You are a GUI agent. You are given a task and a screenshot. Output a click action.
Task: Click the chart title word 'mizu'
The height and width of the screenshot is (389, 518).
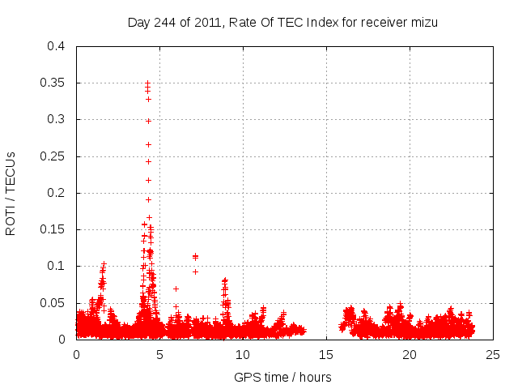(x=423, y=22)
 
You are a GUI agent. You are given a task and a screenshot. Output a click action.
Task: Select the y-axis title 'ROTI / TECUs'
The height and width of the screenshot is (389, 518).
(x=11, y=193)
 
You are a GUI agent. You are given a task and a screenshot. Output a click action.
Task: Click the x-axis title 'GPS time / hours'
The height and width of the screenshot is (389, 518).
(x=282, y=377)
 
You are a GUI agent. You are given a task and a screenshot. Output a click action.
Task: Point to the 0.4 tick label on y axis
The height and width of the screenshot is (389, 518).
(x=56, y=46)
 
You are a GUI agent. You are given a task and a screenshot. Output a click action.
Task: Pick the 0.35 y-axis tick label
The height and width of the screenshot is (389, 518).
(x=53, y=83)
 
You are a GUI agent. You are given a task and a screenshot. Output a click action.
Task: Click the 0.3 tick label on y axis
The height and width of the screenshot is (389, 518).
(x=56, y=119)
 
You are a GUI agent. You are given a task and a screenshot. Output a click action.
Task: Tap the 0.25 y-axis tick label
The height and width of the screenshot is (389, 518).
(x=53, y=156)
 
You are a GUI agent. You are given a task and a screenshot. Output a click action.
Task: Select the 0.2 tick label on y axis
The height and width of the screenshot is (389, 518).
(x=56, y=193)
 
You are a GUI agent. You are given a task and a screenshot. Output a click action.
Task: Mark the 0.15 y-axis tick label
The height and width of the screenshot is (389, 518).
(x=53, y=229)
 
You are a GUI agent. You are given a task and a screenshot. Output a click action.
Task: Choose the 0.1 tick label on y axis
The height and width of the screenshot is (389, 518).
(x=56, y=266)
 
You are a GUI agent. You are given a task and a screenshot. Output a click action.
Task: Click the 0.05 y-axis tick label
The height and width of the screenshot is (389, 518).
(x=53, y=302)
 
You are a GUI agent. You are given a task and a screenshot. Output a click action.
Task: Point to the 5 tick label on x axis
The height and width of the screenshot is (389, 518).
(x=159, y=354)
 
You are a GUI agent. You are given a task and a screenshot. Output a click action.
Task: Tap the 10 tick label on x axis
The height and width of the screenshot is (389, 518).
(x=243, y=354)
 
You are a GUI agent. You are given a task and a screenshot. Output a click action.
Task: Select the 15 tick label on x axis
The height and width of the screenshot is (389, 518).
(x=326, y=354)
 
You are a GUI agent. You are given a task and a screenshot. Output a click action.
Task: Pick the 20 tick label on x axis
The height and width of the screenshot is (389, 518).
(x=410, y=354)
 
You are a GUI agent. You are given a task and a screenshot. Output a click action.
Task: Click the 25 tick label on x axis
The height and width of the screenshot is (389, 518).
(x=493, y=354)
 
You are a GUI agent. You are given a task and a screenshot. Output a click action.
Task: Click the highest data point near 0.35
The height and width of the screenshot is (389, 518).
(x=147, y=83)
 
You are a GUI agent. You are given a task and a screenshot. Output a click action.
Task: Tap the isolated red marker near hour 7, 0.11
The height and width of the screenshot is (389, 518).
(x=195, y=256)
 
